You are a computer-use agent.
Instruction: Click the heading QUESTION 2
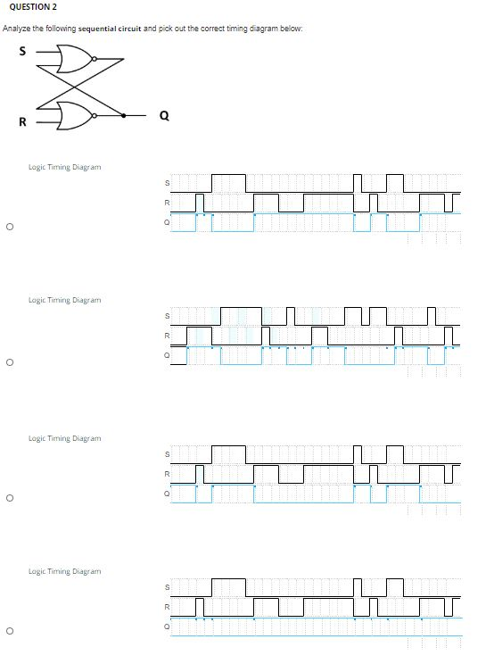[31, 7]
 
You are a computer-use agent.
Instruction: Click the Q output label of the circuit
[162, 114]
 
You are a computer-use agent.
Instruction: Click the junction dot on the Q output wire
[122, 114]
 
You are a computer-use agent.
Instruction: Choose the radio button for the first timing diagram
[8, 227]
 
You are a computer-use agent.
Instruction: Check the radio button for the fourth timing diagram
[8, 632]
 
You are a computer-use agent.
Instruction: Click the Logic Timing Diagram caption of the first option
[64, 167]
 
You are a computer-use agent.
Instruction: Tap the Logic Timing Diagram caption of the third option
[64, 438]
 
